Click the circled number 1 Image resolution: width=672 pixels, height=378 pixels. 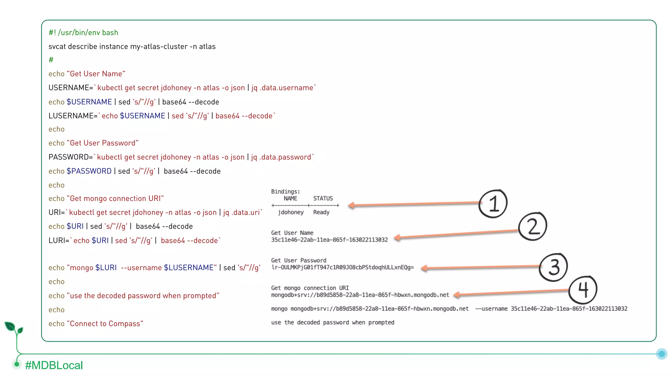point(493,204)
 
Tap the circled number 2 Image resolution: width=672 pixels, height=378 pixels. point(533,226)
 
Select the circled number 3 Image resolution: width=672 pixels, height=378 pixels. point(554,267)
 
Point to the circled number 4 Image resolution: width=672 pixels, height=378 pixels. point(583,290)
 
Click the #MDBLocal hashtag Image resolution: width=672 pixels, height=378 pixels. point(54,365)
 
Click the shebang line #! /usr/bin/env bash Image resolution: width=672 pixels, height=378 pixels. point(83,32)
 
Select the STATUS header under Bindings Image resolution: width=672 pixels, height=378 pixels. point(323,199)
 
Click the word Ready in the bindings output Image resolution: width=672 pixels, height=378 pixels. point(321,212)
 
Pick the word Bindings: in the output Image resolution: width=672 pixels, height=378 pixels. point(285,192)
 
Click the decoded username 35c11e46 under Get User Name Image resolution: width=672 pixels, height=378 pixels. point(329,240)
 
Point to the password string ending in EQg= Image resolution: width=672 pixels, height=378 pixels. point(343,267)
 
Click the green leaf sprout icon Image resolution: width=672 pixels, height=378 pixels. point(13,328)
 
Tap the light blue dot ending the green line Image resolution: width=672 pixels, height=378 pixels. point(661,354)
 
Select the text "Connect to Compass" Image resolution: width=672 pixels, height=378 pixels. point(105,324)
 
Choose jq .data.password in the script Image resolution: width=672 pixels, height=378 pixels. point(281,157)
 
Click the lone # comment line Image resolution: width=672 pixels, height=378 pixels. point(51,60)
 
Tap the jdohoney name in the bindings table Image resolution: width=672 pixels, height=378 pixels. point(291,212)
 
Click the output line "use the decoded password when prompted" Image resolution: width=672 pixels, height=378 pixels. point(333,323)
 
